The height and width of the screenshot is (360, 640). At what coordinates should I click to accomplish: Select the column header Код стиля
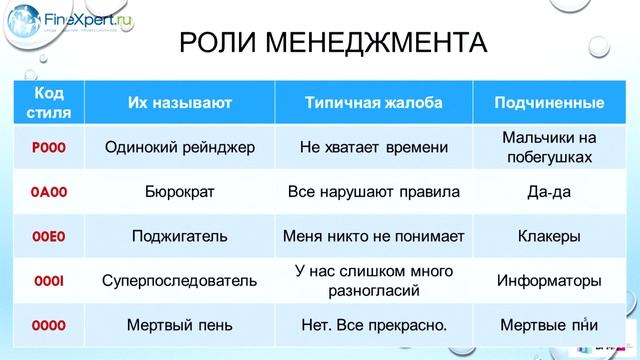48,102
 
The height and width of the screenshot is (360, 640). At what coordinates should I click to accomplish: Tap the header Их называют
180,103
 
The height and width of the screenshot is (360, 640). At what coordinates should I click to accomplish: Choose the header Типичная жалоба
373,103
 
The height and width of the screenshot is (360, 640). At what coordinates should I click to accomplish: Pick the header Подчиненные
549,103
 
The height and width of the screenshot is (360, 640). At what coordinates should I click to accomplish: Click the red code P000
48,148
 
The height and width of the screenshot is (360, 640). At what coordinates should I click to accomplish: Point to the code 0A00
48,192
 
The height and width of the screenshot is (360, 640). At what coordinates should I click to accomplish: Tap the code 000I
48,281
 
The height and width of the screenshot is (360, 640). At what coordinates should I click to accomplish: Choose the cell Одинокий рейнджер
180,148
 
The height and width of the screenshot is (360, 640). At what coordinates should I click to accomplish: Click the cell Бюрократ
180,192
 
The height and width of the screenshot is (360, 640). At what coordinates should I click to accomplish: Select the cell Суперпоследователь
180,281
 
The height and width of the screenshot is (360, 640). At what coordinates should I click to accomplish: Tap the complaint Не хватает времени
373,148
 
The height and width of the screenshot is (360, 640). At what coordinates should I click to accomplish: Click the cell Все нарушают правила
373,192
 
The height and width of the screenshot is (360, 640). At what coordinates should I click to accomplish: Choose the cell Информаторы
549,281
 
